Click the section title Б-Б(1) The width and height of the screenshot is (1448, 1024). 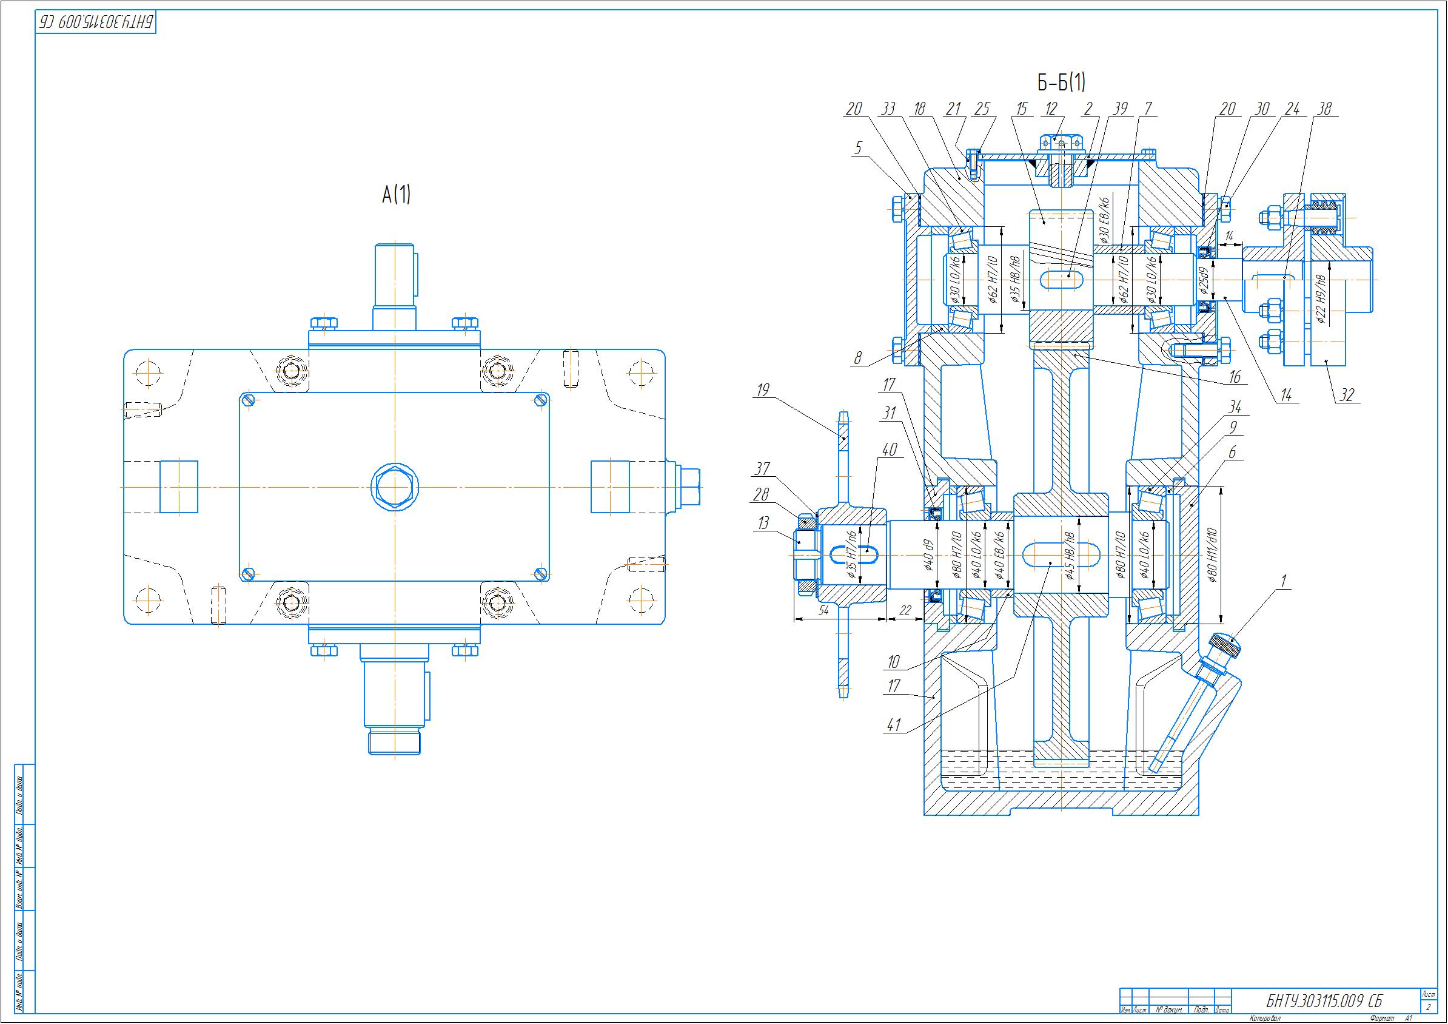pos(1061,83)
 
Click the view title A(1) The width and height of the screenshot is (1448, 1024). pos(396,195)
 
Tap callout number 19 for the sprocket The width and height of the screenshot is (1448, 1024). pos(762,390)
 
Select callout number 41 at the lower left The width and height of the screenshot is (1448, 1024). pos(894,726)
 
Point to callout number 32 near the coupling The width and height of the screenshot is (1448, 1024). pos(1347,396)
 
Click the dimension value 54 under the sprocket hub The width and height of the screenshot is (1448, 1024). pos(823,611)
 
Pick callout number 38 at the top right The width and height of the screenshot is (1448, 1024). pos(1324,109)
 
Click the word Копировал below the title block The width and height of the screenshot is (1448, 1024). pos(1265,1019)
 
